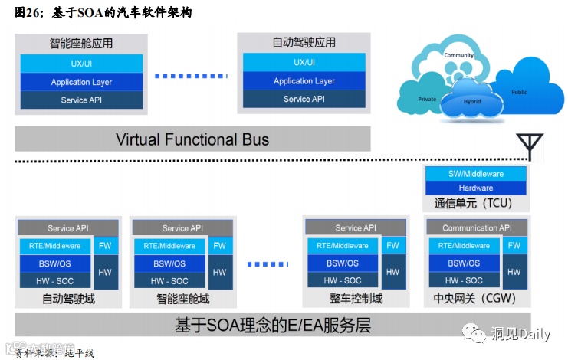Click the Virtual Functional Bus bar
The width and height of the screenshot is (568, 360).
point(192,139)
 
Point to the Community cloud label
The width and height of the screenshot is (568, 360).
point(458,55)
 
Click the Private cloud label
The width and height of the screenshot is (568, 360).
point(427,99)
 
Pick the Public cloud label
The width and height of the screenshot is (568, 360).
point(519,92)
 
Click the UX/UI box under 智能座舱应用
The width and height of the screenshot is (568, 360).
point(81,63)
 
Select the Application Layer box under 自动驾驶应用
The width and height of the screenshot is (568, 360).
point(304,81)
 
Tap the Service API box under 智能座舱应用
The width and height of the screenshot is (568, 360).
point(81,100)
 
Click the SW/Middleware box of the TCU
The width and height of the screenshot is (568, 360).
point(475,174)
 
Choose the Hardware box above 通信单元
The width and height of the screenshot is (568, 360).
point(475,188)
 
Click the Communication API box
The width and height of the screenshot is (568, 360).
point(476,227)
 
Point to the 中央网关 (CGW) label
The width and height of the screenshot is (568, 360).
point(475,298)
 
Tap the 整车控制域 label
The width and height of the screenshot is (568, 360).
point(355,298)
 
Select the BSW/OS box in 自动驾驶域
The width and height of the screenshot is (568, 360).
point(54,263)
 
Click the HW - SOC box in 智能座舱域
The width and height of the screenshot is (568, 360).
point(170,281)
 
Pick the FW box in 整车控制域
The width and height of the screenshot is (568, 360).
point(392,246)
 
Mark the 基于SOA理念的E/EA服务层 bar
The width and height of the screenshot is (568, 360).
point(272,325)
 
